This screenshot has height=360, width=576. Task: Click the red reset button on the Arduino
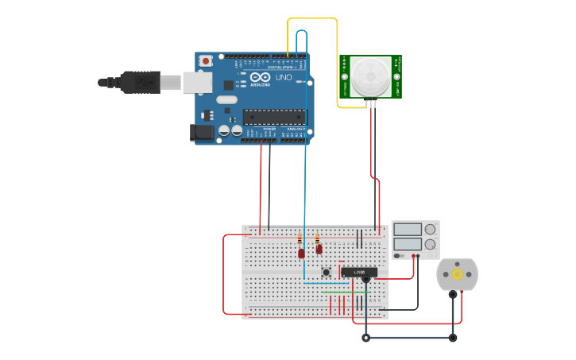(x=207, y=60)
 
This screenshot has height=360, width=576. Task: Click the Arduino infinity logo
(x=260, y=78)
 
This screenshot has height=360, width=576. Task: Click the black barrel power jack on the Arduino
(x=203, y=134)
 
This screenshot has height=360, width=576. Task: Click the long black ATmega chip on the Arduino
(x=274, y=116)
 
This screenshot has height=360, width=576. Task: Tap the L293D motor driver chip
(x=358, y=272)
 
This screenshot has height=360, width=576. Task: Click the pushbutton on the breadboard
(x=326, y=272)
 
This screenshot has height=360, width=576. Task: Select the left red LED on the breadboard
(x=301, y=254)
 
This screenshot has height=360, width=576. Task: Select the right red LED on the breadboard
(x=319, y=250)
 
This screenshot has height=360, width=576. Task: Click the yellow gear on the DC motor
(x=458, y=274)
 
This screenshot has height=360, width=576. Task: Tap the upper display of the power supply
(x=408, y=230)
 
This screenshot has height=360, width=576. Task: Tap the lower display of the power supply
(x=408, y=245)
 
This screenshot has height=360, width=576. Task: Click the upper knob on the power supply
(x=430, y=230)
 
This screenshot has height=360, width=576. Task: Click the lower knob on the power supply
(x=430, y=245)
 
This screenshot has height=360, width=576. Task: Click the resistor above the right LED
(x=317, y=238)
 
